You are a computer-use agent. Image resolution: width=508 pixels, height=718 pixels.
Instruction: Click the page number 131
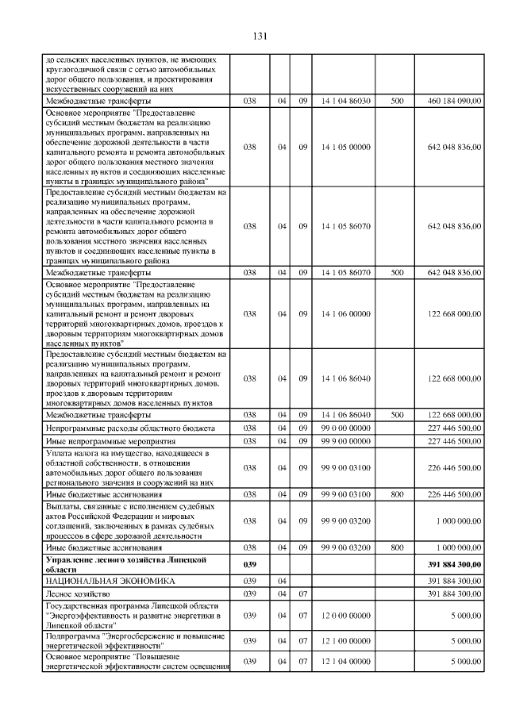259,36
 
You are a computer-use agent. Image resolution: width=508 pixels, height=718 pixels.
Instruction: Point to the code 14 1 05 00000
345,147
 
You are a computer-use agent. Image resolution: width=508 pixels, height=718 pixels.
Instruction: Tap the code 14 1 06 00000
345,313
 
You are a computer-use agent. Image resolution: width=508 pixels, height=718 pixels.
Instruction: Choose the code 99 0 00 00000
345,428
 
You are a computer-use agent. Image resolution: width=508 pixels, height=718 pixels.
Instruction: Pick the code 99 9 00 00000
345,440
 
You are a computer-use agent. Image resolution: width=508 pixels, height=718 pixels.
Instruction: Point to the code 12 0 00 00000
345,615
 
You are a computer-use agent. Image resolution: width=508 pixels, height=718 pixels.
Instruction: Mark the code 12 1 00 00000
345,640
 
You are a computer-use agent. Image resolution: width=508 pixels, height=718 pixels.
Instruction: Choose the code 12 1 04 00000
345,661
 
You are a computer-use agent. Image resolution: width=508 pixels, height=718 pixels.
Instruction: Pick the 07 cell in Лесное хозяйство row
302,593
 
